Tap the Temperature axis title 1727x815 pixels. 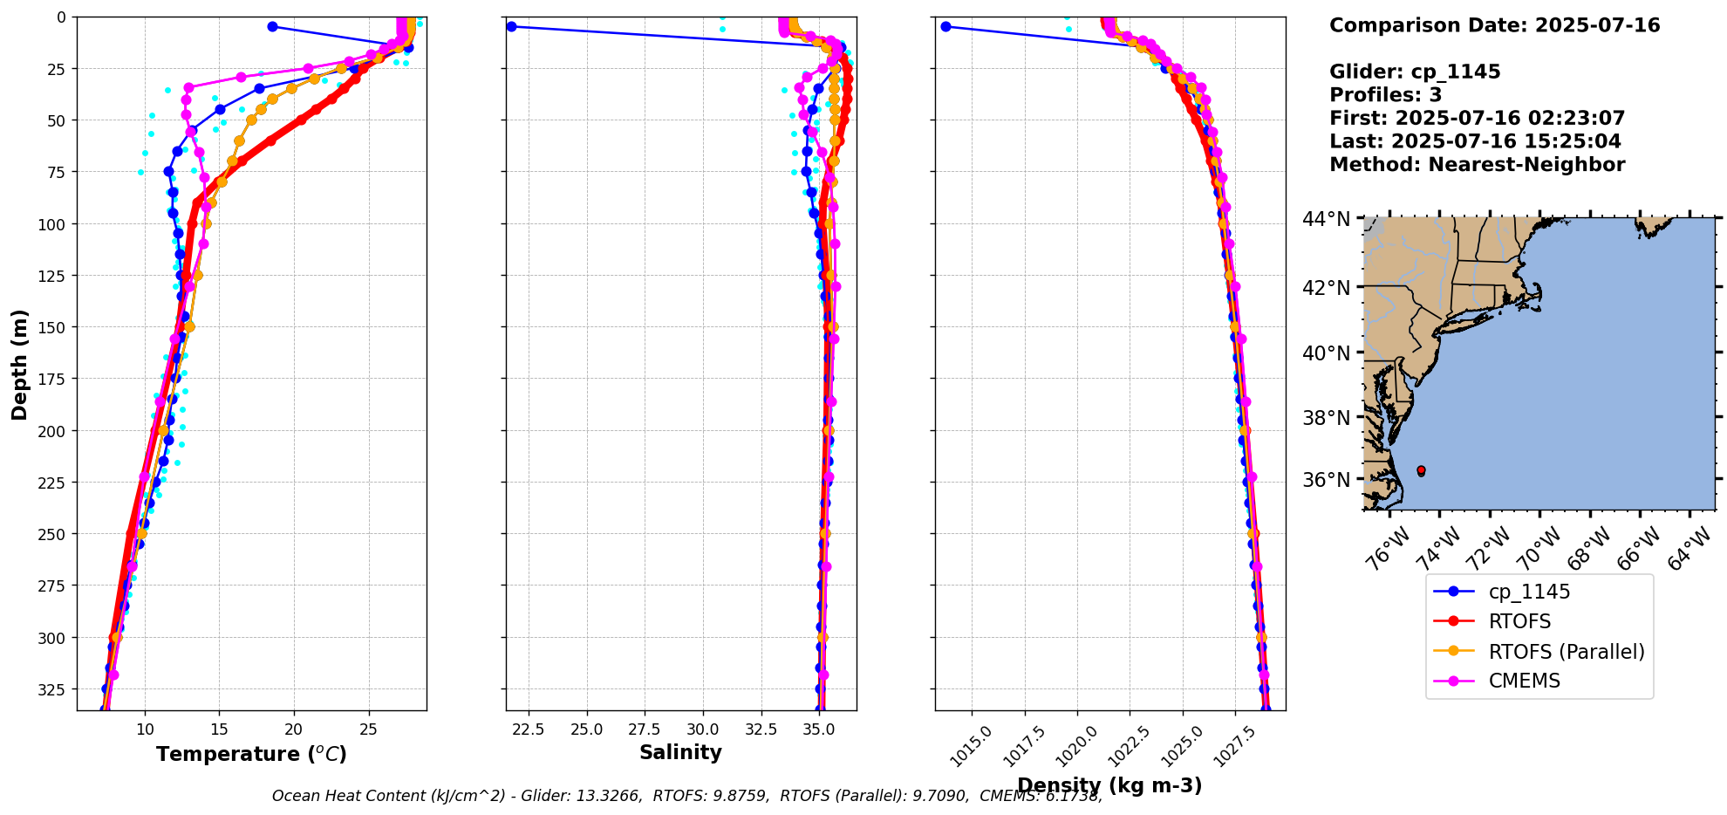click(x=251, y=754)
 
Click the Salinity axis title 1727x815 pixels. click(x=680, y=752)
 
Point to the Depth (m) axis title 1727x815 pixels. click(x=19, y=364)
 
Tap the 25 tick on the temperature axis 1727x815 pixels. click(x=368, y=729)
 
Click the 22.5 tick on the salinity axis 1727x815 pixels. click(x=529, y=729)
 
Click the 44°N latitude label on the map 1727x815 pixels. click(x=1326, y=219)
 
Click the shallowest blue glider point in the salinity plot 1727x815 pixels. click(x=511, y=26)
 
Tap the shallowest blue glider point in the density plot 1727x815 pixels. click(x=945, y=26)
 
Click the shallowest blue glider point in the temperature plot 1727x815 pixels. click(x=272, y=26)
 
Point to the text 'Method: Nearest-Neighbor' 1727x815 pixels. click(x=1477, y=165)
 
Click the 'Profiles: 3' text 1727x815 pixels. click(x=1385, y=95)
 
